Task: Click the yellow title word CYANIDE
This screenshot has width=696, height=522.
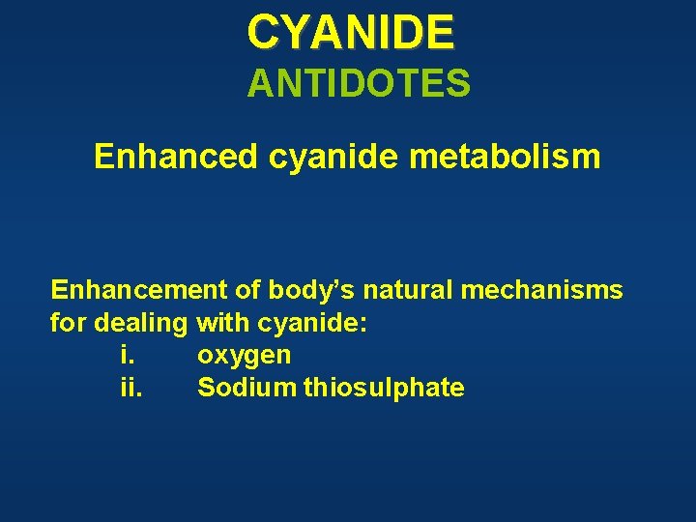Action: tap(350, 32)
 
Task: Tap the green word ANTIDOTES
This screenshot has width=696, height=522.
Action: tap(359, 84)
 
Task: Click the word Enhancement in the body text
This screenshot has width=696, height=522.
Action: tap(126, 290)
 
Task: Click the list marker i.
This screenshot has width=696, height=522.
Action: tap(126, 356)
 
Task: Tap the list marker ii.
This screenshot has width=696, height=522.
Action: tap(130, 389)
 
